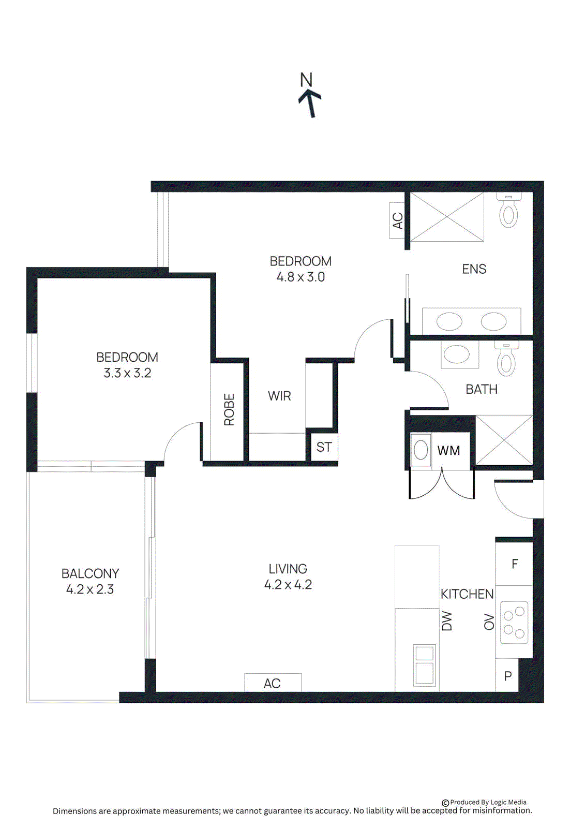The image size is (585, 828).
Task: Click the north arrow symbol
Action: [310, 102]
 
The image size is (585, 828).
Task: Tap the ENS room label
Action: [474, 269]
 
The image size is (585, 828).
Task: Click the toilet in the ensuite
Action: [508, 212]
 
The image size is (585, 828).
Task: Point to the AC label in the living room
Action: [272, 684]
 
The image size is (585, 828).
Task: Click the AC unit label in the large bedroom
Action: [397, 221]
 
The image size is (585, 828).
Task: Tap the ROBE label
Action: [229, 410]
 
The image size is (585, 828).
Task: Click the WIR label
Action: [279, 396]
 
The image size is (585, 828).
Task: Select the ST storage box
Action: [324, 447]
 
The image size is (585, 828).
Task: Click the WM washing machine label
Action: [448, 451]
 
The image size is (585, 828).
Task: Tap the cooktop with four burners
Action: [514, 623]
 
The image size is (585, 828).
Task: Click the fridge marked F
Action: [515, 564]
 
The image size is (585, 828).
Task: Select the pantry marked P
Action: [508, 676]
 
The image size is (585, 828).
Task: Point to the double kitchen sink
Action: [425, 666]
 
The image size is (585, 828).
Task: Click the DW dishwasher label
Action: [447, 621]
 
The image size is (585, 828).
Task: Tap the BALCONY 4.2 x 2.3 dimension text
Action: [90, 589]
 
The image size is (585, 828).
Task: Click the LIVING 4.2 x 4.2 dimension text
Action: [288, 585]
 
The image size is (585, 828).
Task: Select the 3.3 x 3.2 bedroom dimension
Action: [127, 373]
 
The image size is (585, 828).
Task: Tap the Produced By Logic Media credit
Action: [484, 803]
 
